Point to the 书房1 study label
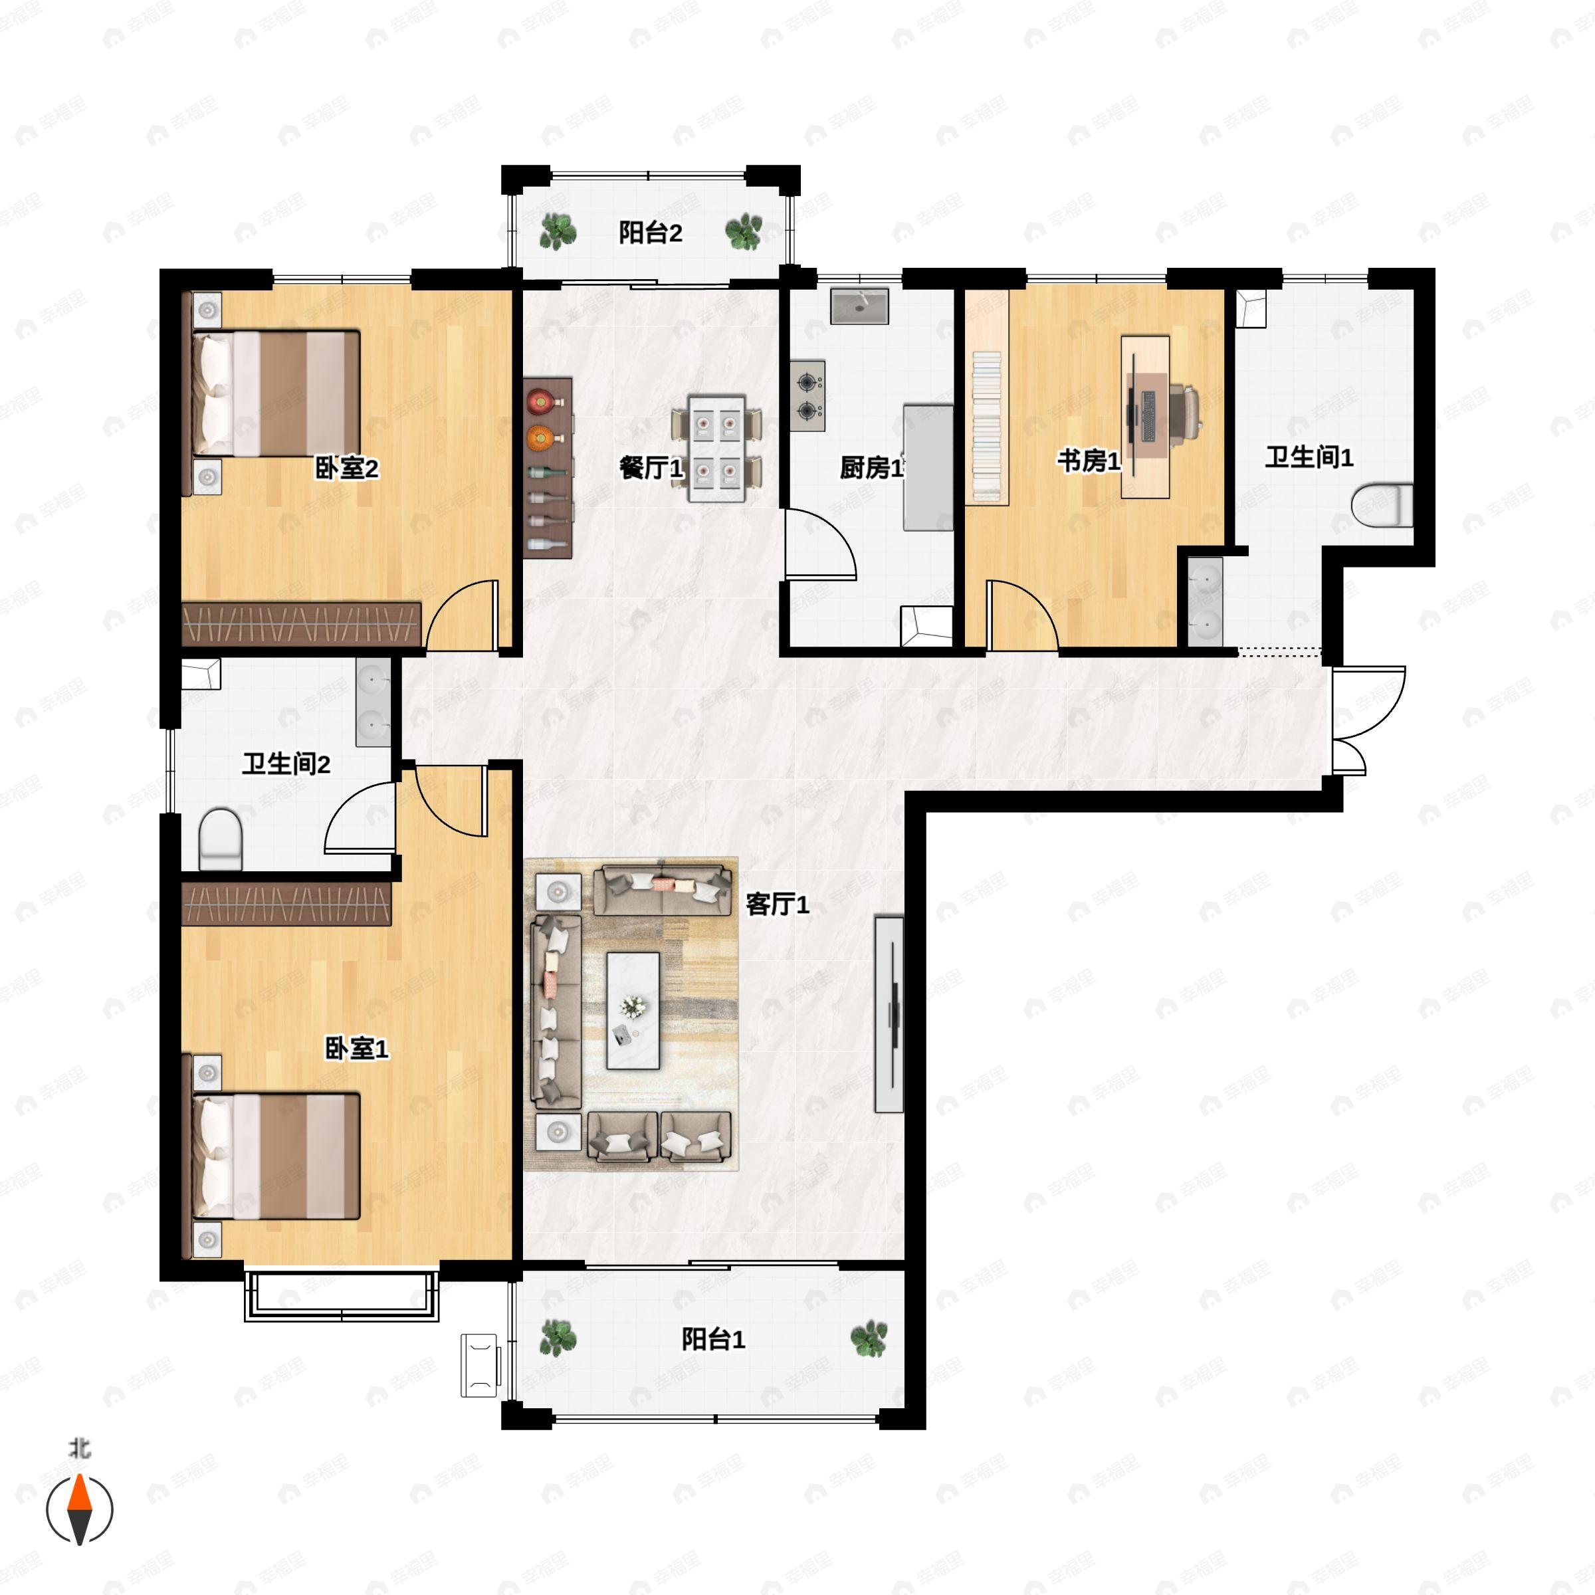coord(1089,461)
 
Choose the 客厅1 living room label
coord(777,904)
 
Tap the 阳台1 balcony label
coord(713,1338)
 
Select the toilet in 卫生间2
coord(221,838)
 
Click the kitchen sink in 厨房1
coord(859,306)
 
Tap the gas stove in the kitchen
coord(807,395)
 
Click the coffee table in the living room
coord(633,1010)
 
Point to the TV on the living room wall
coord(890,1013)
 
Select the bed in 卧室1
coord(276,1156)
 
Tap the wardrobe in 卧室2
coord(301,623)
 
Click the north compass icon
coord(79,1509)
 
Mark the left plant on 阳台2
coord(558,231)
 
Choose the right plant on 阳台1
coord(869,1338)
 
